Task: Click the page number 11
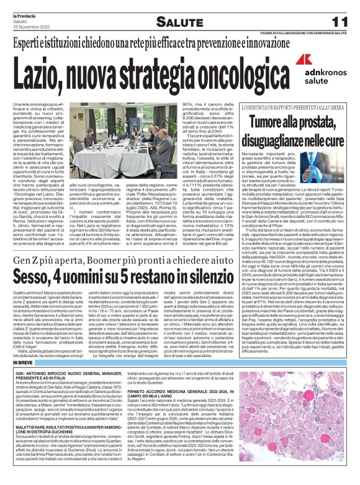pyautogui.click(x=340, y=21)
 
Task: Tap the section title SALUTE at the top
pyautogui.click(x=179, y=22)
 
